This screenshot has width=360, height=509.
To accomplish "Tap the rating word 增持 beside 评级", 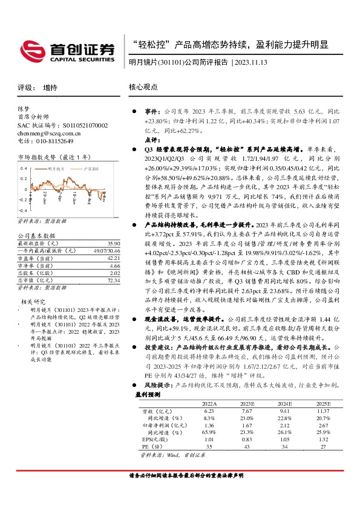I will click(x=50, y=87).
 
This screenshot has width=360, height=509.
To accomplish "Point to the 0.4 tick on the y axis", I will click(x=24, y=167).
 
